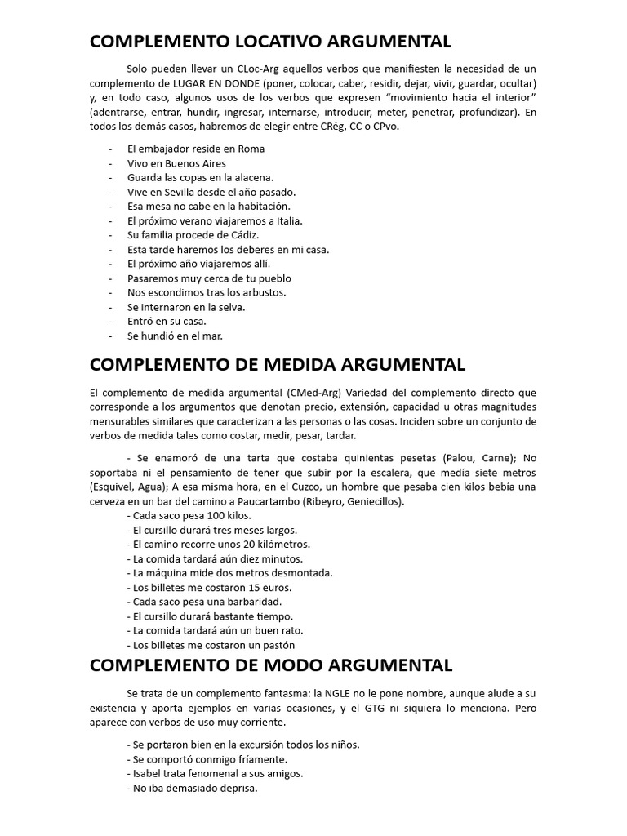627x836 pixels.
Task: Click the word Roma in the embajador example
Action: pyautogui.click(x=251, y=149)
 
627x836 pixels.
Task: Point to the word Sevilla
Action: pyautogui.click(x=179, y=192)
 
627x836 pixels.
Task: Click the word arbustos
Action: pyautogui.click(x=261, y=292)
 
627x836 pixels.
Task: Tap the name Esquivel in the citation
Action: pyautogui.click(x=112, y=487)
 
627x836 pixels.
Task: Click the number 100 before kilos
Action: pyautogui.click(x=204, y=516)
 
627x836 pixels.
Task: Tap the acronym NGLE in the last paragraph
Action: pyautogui.click(x=362, y=694)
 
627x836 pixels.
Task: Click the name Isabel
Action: pyautogui.click(x=145, y=773)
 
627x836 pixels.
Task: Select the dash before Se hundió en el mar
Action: pyautogui.click(x=110, y=336)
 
